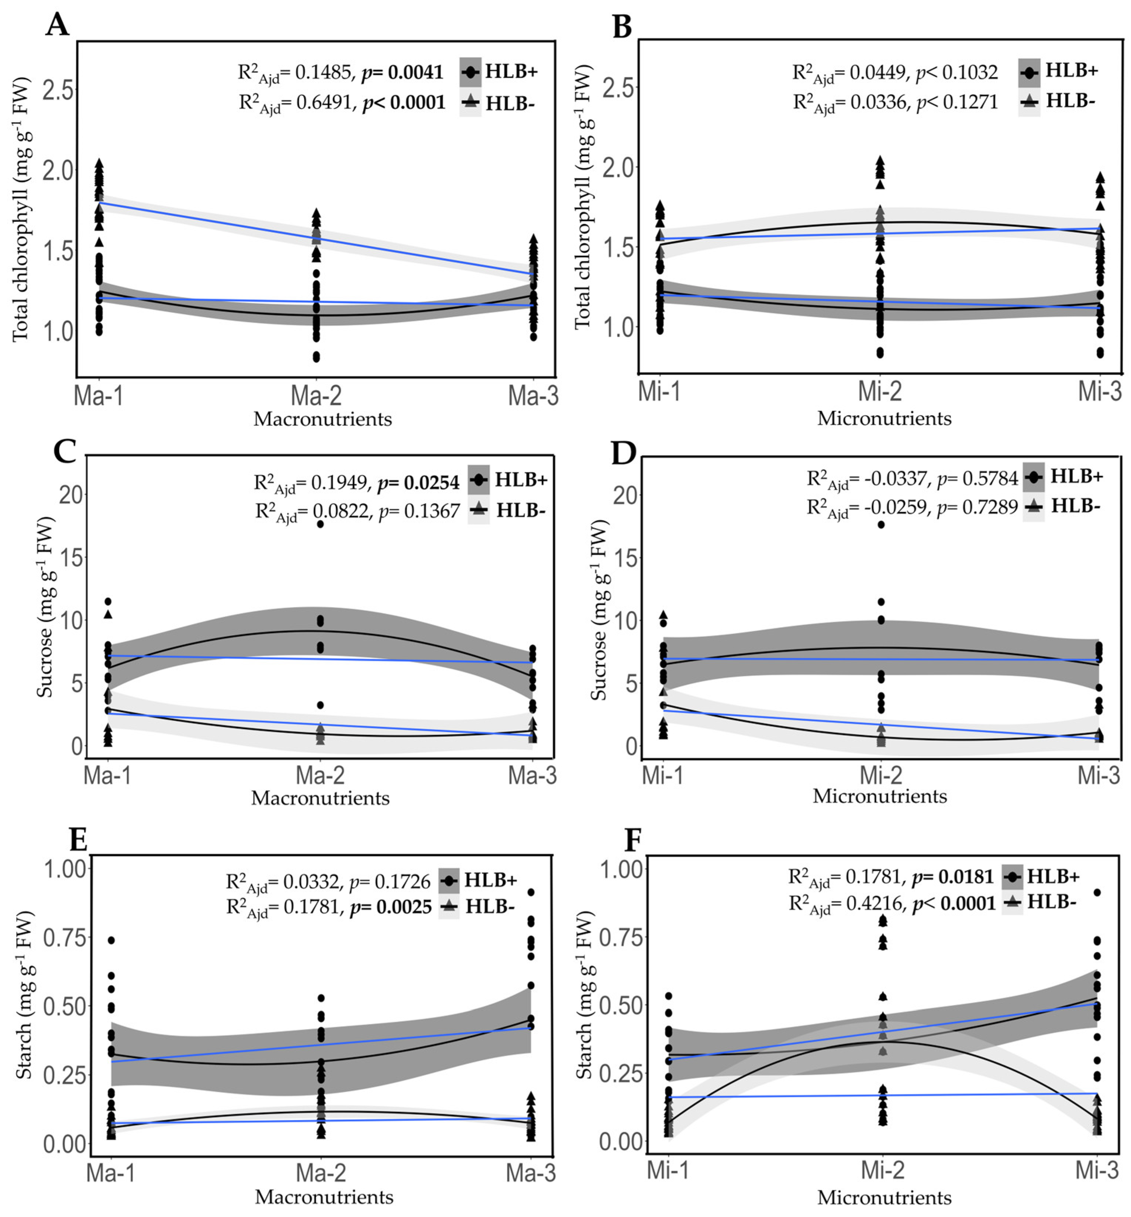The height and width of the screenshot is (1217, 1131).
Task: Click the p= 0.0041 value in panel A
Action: tap(402, 72)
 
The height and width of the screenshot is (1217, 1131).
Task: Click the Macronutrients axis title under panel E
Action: tap(324, 1196)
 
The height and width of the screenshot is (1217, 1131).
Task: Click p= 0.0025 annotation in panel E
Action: tap(390, 907)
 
